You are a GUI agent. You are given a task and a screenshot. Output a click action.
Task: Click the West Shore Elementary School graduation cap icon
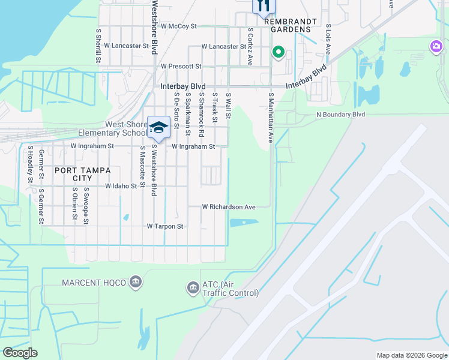(159, 127)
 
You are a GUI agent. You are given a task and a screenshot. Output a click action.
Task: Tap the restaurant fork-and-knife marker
(262, 5)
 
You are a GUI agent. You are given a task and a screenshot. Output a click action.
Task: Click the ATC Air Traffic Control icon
(193, 289)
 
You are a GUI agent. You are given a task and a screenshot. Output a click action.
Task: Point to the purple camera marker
(436, 46)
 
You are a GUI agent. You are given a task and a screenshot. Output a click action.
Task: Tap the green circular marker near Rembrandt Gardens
(278, 53)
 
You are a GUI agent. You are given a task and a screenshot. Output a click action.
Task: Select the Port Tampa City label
(82, 174)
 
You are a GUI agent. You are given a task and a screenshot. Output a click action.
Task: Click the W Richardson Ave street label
(229, 207)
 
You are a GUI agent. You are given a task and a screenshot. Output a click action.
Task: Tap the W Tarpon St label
(164, 226)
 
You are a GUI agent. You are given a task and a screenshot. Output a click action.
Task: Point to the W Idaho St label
(121, 187)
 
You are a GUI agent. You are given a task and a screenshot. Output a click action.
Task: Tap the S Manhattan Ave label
(271, 117)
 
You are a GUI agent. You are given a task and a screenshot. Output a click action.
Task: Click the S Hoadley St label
(29, 163)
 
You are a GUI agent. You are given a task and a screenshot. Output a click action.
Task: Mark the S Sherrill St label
(97, 45)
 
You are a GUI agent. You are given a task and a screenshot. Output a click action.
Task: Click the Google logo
(20, 353)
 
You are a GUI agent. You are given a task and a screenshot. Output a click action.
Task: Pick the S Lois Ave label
(328, 39)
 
